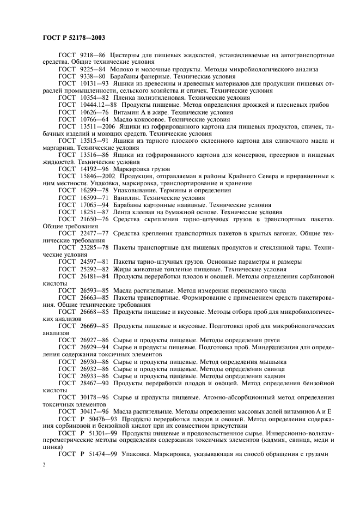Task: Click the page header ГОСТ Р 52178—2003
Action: coord(74,38)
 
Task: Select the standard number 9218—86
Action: coord(93,56)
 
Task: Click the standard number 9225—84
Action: coord(93,70)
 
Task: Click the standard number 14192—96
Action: coord(95,169)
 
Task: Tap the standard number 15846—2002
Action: coord(99,177)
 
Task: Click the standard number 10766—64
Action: coord(95,119)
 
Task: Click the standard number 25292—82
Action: coord(95,269)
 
